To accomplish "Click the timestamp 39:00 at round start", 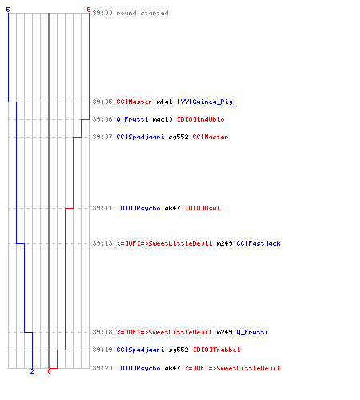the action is (x=102, y=13).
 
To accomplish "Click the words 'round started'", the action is (x=142, y=13).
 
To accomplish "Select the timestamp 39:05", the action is (x=102, y=102).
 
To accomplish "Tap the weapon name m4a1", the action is (x=164, y=102).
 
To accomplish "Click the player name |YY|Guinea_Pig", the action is (x=205, y=102).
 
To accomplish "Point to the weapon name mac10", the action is (x=162, y=119).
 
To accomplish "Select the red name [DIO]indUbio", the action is (x=201, y=119).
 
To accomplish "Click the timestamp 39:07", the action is (x=102, y=137).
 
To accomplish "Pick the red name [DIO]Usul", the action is (x=202, y=208).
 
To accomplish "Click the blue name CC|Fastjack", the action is (x=258, y=243).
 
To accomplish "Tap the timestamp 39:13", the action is (x=102, y=243).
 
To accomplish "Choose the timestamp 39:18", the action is (x=102, y=332).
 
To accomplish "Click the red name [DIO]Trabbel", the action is (x=217, y=350).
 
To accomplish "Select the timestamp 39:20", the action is (x=102, y=368).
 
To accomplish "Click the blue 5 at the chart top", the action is (x=8, y=10).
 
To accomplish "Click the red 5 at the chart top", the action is (x=89, y=10).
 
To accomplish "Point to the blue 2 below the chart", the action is (x=32, y=371).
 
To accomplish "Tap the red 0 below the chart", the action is (x=49, y=371).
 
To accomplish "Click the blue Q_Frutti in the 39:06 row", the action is (x=132, y=119).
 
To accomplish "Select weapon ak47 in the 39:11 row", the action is (x=172, y=208).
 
